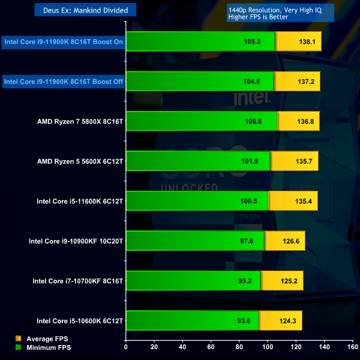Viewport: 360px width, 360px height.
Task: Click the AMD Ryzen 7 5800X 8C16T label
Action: [x=80, y=121]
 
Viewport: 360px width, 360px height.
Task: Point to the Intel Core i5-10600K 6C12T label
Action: [x=80, y=321]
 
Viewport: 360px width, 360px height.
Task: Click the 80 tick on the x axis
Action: [x=239, y=347]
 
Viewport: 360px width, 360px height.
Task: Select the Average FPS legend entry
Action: [x=43, y=339]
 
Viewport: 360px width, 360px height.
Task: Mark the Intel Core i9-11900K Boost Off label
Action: [x=63, y=82]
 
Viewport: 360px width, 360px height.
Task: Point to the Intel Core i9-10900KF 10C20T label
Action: [x=76, y=241]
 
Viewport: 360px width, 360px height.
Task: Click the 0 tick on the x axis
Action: [x=126, y=347]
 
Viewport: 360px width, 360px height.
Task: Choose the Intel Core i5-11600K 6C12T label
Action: [x=80, y=201]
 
